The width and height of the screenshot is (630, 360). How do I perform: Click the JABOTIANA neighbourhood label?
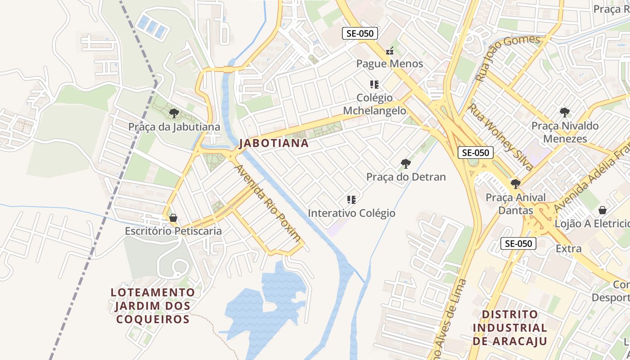click(x=274, y=144)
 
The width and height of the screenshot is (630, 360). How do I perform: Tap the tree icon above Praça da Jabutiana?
click(x=174, y=113)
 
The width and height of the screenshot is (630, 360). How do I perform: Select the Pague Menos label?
click(x=390, y=64)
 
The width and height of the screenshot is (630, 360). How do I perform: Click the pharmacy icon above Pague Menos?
click(x=390, y=50)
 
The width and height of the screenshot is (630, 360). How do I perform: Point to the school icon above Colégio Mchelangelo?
click(x=374, y=84)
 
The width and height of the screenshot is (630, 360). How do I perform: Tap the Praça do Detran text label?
click(x=406, y=177)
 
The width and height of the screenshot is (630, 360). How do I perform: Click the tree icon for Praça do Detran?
click(x=406, y=163)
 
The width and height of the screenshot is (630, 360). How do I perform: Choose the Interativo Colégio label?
click(x=351, y=213)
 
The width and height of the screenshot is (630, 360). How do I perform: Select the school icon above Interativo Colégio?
click(x=351, y=199)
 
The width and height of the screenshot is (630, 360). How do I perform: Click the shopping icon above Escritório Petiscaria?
click(x=173, y=218)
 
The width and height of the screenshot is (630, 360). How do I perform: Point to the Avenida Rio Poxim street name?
click(x=268, y=203)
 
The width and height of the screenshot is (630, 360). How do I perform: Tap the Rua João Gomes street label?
click(x=507, y=58)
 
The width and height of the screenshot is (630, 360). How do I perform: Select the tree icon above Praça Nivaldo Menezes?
click(x=564, y=112)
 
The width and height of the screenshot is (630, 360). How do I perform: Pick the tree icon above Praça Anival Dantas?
click(x=516, y=184)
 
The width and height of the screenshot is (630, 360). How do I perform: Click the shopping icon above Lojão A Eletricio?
click(x=603, y=210)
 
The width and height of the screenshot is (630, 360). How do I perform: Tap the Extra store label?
click(x=569, y=248)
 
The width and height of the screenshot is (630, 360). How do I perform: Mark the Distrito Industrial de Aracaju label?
click(x=510, y=328)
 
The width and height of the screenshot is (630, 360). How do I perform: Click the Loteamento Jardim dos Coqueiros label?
click(x=153, y=306)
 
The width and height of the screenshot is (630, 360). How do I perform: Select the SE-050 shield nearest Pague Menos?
click(x=360, y=33)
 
